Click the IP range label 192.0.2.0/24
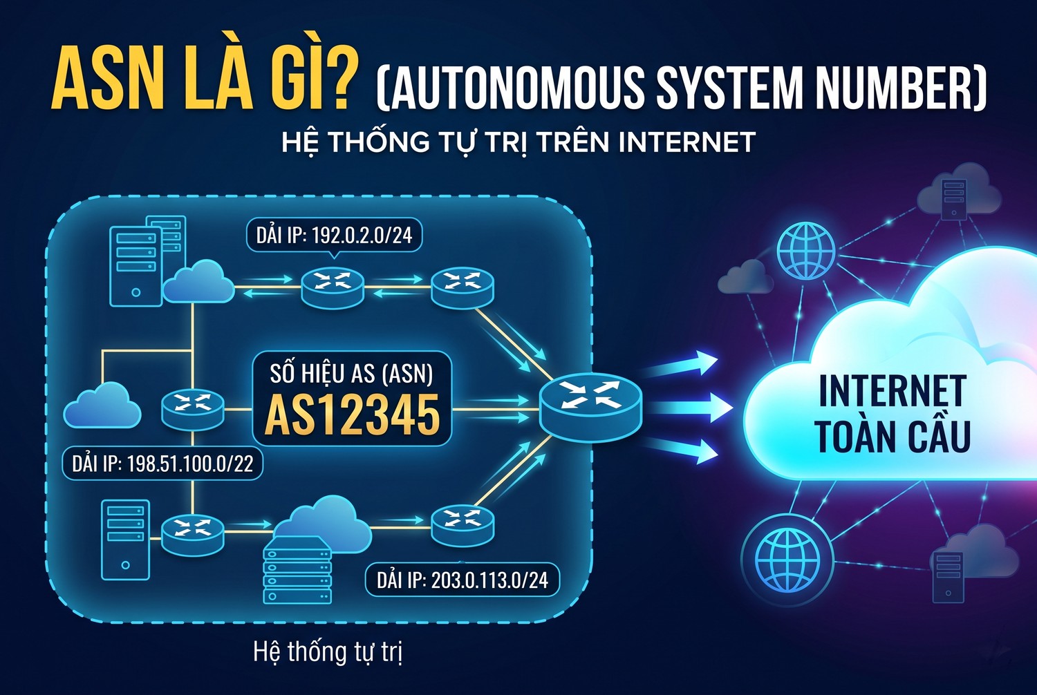tap(334, 235)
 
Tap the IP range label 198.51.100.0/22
tap(162, 464)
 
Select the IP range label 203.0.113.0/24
tap(463, 580)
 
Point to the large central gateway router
tap(590, 407)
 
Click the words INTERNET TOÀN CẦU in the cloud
tap(892, 415)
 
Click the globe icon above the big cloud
tap(806, 250)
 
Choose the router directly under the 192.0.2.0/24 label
tap(333, 287)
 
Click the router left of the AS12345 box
tap(193, 409)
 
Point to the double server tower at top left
tap(147, 260)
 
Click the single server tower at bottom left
tap(125, 540)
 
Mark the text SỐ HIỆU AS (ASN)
tap(351, 374)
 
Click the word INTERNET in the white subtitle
tap(686, 142)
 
